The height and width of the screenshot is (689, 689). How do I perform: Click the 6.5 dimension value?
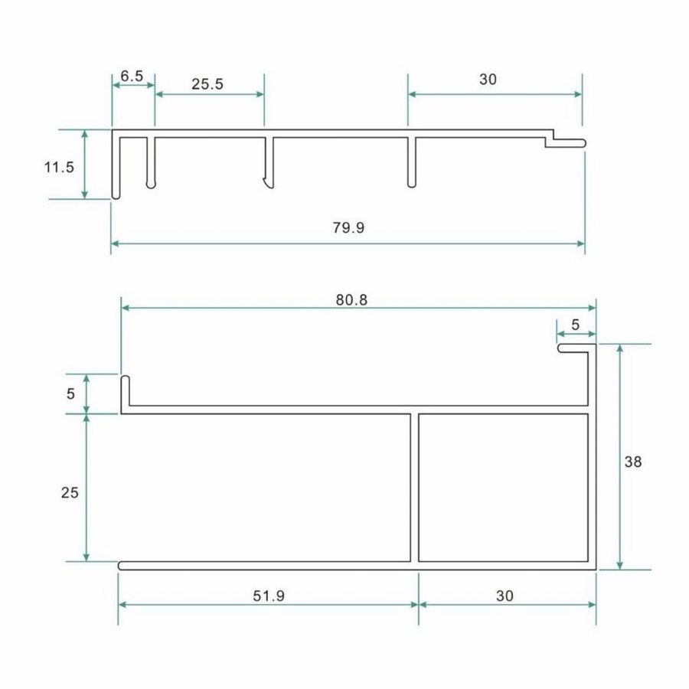click(x=132, y=76)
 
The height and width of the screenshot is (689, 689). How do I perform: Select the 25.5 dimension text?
click(x=207, y=84)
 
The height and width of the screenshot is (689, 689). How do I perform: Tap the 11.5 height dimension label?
click(x=59, y=166)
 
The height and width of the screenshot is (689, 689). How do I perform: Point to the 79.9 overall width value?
click(x=348, y=228)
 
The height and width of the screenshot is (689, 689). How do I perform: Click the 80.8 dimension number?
click(x=351, y=300)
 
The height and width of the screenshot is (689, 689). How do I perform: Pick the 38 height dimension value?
click(x=633, y=462)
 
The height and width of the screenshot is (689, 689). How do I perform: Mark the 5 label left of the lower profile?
click(x=71, y=393)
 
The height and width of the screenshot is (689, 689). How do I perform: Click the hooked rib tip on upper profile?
click(x=266, y=184)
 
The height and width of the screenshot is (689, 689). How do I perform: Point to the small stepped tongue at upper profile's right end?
click(x=567, y=142)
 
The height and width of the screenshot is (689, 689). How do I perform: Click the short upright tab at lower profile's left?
click(x=125, y=392)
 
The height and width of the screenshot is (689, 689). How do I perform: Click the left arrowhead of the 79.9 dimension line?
click(x=116, y=244)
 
